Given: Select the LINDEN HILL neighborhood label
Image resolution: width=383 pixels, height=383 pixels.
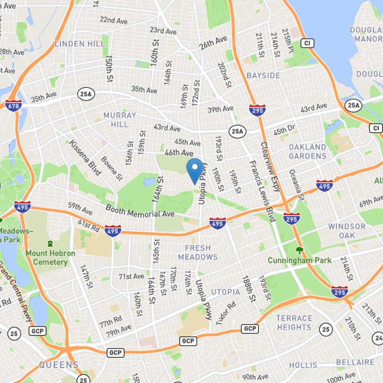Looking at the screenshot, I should [x=79, y=44].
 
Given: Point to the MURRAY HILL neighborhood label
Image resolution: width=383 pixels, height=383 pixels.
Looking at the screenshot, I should [x=120, y=120].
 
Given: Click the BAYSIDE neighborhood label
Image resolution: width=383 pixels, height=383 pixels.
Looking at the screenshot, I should [x=263, y=76].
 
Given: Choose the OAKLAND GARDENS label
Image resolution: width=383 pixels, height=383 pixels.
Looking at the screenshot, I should [x=307, y=151].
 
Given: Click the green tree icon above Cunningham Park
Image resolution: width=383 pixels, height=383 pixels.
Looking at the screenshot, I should [x=299, y=249].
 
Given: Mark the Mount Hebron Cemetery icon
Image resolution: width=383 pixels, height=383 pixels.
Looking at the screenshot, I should [x=50, y=244].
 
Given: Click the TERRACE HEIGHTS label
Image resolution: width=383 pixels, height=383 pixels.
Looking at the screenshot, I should [x=294, y=323].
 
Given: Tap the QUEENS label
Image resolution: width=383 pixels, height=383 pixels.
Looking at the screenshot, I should [x=58, y=365].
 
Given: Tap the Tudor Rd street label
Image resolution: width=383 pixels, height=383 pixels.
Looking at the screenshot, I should [x=226, y=314].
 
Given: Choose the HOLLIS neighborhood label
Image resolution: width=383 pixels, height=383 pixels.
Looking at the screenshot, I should [x=303, y=365].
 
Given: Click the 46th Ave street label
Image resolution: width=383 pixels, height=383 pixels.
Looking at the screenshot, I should [x=178, y=153].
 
